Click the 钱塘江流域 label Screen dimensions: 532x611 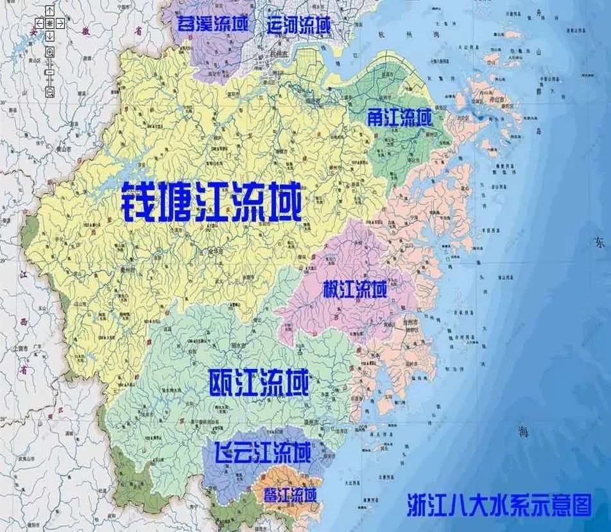[211, 200]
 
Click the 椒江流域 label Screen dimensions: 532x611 [355, 289]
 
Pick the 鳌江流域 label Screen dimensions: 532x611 [290, 495]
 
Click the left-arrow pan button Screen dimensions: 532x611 [39, 24]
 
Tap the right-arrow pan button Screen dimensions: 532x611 [60, 24]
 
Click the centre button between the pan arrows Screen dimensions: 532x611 [49, 24]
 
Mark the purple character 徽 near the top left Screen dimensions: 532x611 [85, 32]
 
